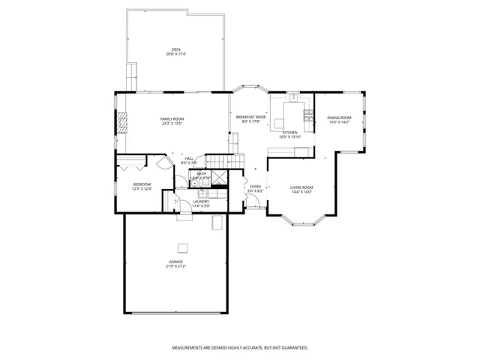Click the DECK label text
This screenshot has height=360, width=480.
(176, 50)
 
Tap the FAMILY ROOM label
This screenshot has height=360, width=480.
(172, 119)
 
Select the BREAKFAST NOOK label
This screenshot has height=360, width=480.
(250, 117)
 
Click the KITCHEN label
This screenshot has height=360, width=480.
(289, 133)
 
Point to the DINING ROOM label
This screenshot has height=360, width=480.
(339, 118)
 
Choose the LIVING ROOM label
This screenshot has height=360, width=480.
(301, 187)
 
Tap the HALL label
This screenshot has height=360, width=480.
(190, 158)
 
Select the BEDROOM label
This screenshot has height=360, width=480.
(142, 184)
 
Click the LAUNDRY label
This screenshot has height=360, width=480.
(201, 201)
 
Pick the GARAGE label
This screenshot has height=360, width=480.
(175, 262)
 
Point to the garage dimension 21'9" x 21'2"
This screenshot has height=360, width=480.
(175, 266)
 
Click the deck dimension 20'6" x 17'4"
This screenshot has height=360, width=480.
(176, 55)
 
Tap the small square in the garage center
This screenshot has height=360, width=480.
(181, 247)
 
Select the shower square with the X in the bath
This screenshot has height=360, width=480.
(219, 177)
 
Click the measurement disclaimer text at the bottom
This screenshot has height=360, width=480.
(239, 347)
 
